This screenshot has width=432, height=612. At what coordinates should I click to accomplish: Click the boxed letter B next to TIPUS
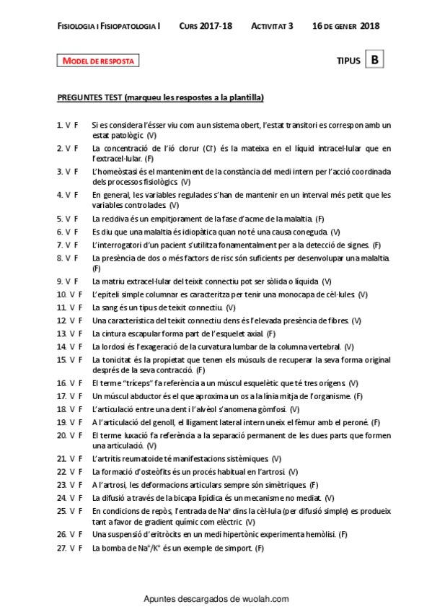(x=375, y=61)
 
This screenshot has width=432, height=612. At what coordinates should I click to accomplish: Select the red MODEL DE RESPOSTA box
(x=98, y=61)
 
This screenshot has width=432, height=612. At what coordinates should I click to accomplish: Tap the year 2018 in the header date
(x=369, y=26)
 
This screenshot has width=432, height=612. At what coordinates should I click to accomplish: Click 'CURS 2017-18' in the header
(x=206, y=26)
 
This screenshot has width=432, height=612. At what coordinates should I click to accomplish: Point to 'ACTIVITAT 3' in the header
(x=272, y=26)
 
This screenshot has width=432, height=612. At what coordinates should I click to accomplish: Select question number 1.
(x=59, y=125)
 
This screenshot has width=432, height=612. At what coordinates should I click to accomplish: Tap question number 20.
(x=61, y=435)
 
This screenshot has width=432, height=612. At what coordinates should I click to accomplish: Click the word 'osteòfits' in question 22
(x=156, y=472)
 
